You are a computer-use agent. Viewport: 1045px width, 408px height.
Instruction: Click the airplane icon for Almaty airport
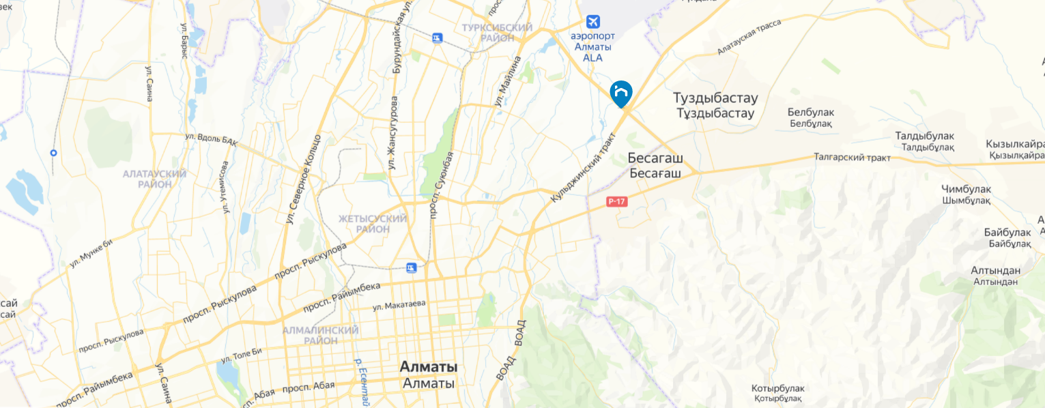coord(592,21)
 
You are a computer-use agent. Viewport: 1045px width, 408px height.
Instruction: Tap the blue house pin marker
coord(621,93)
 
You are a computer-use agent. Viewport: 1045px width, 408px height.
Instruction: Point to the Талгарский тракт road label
coord(852,158)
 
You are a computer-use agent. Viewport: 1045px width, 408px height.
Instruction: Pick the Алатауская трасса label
coord(749,38)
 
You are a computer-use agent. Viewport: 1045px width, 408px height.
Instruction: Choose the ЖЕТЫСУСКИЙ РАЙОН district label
coord(373,224)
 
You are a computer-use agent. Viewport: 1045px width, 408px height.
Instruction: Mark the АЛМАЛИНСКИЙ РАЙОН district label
coord(321,335)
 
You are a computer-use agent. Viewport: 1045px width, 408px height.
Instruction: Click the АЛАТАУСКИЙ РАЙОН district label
coord(154,179)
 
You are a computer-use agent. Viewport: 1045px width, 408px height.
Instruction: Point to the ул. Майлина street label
coord(507,81)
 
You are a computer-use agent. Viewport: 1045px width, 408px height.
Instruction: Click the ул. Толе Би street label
coord(242,355)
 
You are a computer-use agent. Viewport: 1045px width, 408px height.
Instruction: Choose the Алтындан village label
coord(995,276)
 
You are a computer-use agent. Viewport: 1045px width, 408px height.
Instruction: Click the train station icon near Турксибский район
coord(437,38)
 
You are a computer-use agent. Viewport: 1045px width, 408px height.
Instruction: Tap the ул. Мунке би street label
coord(90,254)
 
